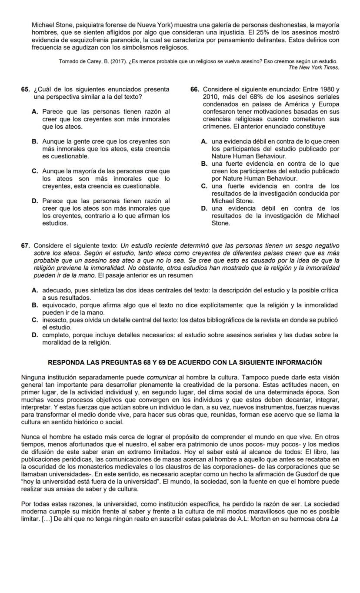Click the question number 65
(25, 89)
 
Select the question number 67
(25, 246)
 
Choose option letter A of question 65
(35, 111)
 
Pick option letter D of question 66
(204, 208)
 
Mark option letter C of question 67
(35, 320)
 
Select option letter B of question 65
(35, 141)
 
